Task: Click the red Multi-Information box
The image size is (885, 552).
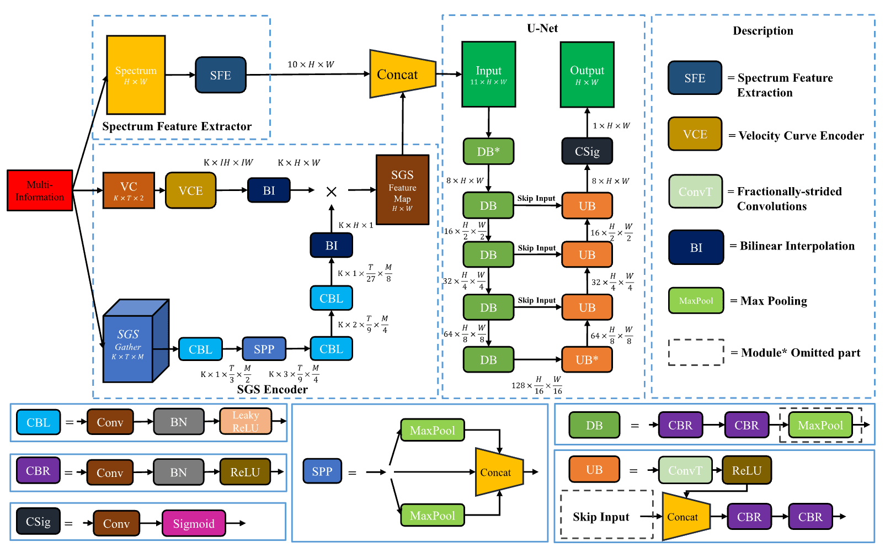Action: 40,190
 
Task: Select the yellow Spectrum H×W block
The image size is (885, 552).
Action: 136,75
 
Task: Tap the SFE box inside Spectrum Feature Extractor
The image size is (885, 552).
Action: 221,75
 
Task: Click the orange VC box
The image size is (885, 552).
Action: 129,190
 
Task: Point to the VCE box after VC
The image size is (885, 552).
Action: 190,190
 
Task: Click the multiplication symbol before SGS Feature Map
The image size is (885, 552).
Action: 332,192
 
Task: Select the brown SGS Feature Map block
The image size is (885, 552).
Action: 403,190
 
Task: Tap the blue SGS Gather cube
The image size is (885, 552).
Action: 136,341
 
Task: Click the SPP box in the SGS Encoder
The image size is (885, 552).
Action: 264,349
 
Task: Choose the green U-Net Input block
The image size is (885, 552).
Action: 489,75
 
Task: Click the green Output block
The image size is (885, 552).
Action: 587,75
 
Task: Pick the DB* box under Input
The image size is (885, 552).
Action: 488,151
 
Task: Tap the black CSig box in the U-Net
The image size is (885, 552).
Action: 587,151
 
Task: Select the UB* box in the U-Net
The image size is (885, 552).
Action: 587,359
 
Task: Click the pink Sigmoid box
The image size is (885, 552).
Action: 194,523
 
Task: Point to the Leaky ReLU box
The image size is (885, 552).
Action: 246,422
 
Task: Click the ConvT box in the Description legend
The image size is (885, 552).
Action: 695,192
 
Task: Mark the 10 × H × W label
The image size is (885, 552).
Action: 311,65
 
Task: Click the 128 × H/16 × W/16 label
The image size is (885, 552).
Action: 537,385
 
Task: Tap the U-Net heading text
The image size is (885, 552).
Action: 542,28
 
